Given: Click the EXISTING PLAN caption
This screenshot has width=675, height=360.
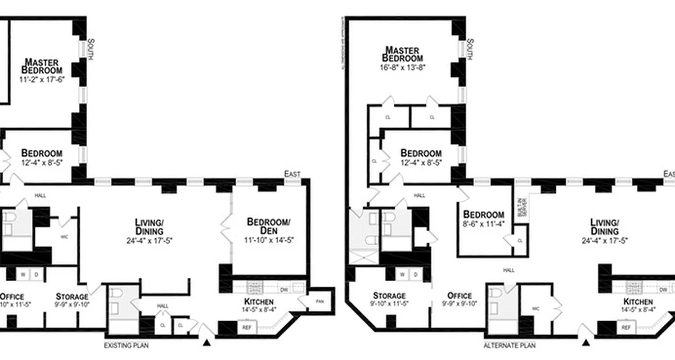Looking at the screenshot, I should pyautogui.click(x=126, y=346).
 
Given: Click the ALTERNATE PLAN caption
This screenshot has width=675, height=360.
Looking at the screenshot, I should pyautogui.click(x=509, y=346).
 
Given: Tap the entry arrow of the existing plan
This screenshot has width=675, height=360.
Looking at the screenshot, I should pyautogui.click(x=207, y=343).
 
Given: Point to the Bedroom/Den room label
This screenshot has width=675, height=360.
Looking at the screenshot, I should pyautogui.click(x=269, y=226).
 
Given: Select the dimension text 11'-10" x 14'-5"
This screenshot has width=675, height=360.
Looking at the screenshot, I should pyautogui.click(x=270, y=240).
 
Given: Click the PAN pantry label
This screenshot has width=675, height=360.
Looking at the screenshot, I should pyautogui.click(x=320, y=301).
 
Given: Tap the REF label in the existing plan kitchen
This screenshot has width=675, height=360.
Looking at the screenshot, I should pyautogui.click(x=247, y=328).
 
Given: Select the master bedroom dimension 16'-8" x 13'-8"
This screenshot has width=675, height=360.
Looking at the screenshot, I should pyautogui.click(x=402, y=67).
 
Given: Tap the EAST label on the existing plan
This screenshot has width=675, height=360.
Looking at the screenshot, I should pyautogui.click(x=292, y=174).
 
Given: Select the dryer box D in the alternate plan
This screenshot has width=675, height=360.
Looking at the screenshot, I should pyautogui.click(x=415, y=274).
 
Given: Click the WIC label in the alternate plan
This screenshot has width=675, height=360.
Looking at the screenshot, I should pyautogui.click(x=535, y=309).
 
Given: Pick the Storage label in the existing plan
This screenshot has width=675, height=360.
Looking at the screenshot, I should pyautogui.click(x=72, y=296).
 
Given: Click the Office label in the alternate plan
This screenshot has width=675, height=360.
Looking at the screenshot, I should pyautogui.click(x=459, y=296).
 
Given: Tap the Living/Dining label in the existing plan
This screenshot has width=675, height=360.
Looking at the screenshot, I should pyautogui.click(x=149, y=226).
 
